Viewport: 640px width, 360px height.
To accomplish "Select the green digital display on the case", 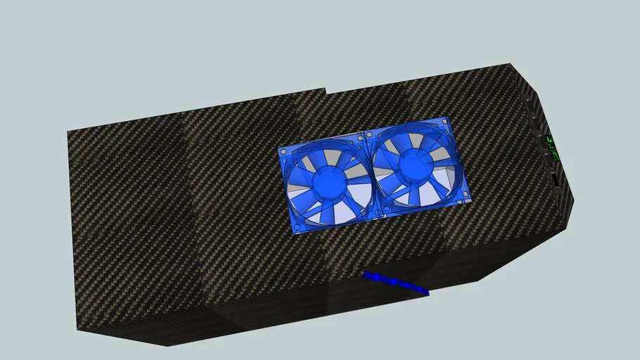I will (x=553, y=148).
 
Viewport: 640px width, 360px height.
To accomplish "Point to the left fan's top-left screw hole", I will (x=284, y=153).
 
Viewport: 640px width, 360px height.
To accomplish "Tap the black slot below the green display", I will (x=556, y=182).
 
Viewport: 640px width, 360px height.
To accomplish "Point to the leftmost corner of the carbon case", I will (x=68, y=131).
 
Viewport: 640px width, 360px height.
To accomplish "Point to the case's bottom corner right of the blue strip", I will (x=481, y=281).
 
